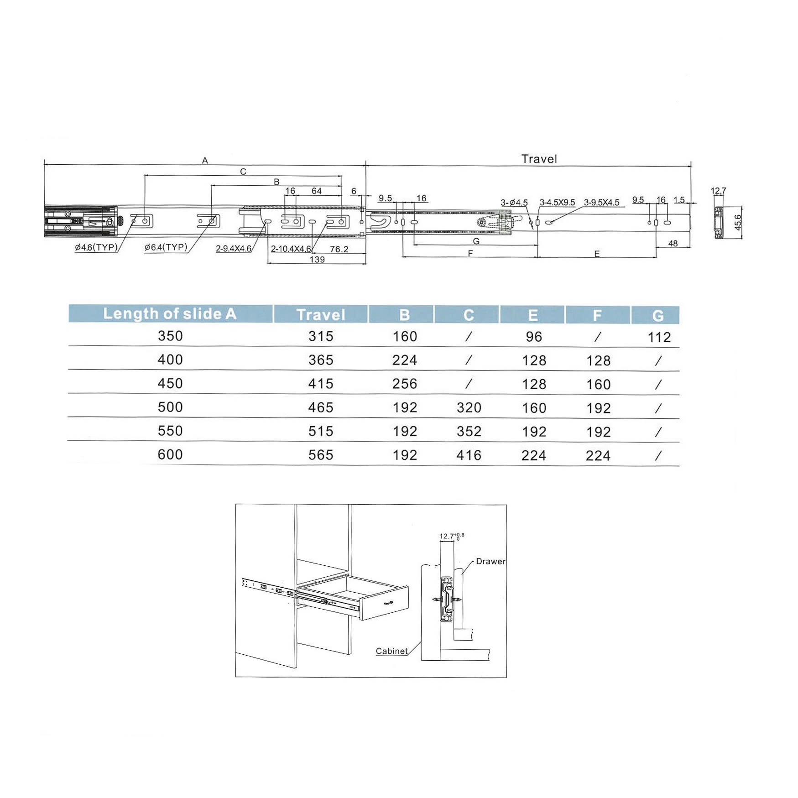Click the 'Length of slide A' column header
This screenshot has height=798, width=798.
pyautogui.click(x=170, y=313)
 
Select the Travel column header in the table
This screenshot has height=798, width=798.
pyautogui.click(x=321, y=314)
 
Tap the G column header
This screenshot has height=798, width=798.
pyautogui.click(x=657, y=315)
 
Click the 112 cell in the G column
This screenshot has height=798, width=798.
pyautogui.click(x=659, y=337)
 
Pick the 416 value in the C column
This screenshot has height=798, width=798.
pyautogui.click(x=469, y=455)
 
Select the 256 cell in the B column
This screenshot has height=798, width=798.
pyautogui.click(x=405, y=384)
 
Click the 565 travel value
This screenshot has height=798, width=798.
pyautogui.click(x=321, y=455)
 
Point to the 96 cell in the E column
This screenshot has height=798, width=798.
pyautogui.click(x=534, y=337)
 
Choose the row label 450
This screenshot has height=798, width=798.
pyautogui.click(x=170, y=383)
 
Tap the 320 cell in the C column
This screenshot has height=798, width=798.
pyautogui.click(x=469, y=407)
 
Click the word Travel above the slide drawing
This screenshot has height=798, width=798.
pyautogui.click(x=539, y=159)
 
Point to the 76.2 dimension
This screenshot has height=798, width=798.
pyautogui.click(x=339, y=249)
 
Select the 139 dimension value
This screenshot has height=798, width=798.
pyautogui.click(x=317, y=260)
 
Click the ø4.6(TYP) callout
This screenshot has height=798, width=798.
pyautogui.click(x=96, y=247)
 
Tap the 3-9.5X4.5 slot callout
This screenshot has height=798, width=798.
pyautogui.click(x=601, y=202)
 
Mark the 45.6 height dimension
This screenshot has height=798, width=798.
pyautogui.click(x=738, y=222)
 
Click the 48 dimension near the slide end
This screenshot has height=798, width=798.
pyautogui.click(x=673, y=243)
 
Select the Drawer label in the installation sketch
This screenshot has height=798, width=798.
pyautogui.click(x=490, y=561)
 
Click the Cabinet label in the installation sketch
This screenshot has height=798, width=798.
pyautogui.click(x=391, y=651)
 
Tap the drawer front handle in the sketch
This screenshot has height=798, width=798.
pyautogui.click(x=389, y=603)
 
